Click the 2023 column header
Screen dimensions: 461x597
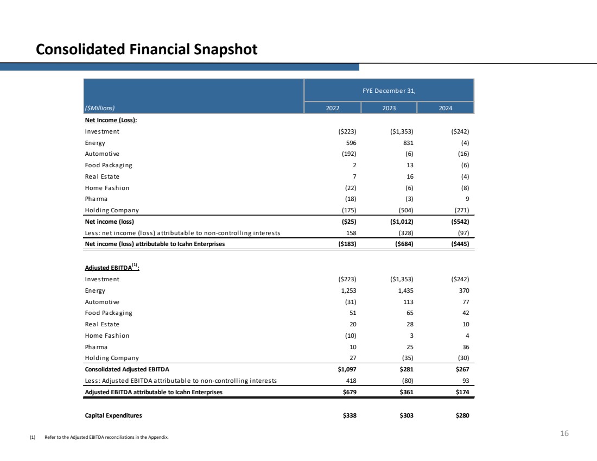tap(389, 108)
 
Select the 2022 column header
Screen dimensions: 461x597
tap(333, 108)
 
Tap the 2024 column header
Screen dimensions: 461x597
tap(445, 108)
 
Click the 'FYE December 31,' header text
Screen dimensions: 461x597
tap(389, 91)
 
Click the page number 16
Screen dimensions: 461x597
tap(564, 434)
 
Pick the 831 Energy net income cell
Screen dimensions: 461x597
tap(408, 143)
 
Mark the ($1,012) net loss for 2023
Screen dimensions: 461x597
tap(401, 222)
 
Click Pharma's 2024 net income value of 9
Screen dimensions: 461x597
tap(467, 199)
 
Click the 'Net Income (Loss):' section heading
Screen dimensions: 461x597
tap(111, 121)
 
